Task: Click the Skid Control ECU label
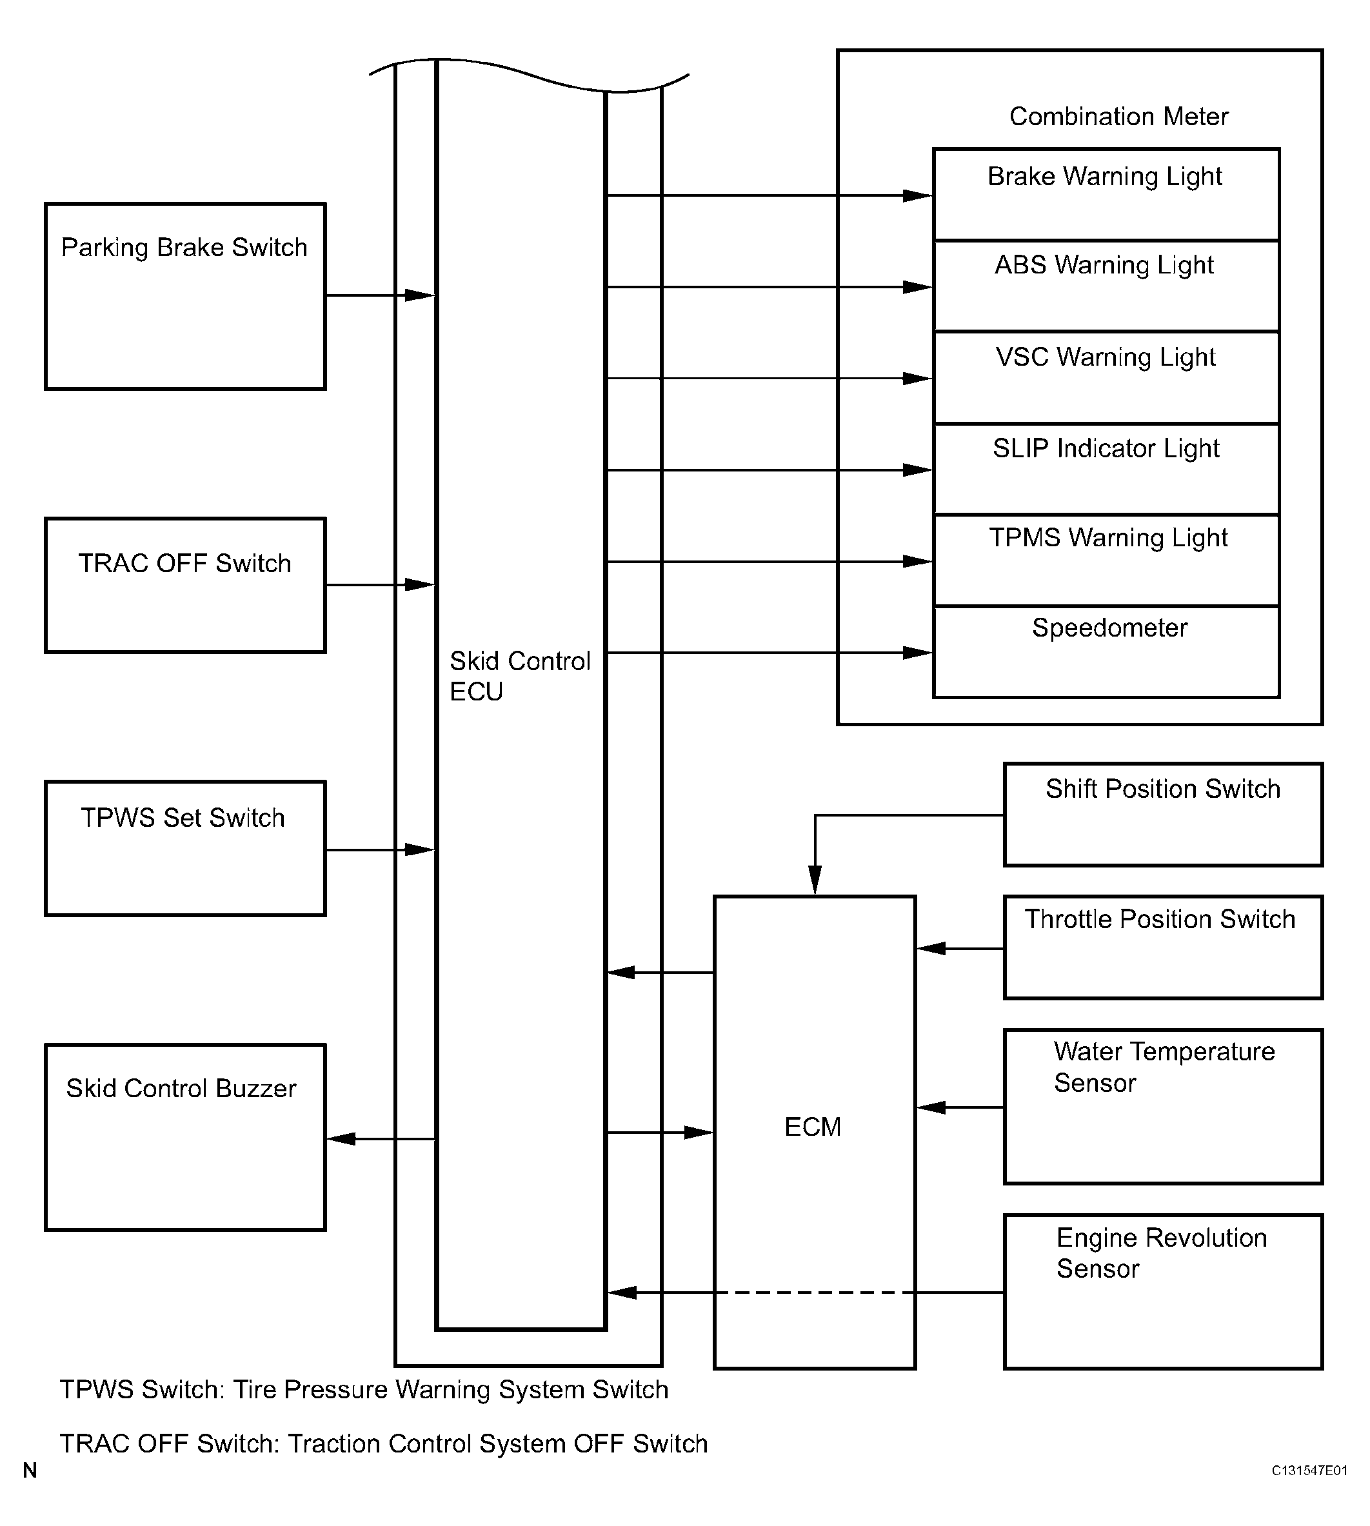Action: [x=519, y=676]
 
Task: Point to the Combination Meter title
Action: [x=1118, y=117]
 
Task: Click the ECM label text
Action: [x=812, y=1127]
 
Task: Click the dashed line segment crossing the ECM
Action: [x=815, y=1293]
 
